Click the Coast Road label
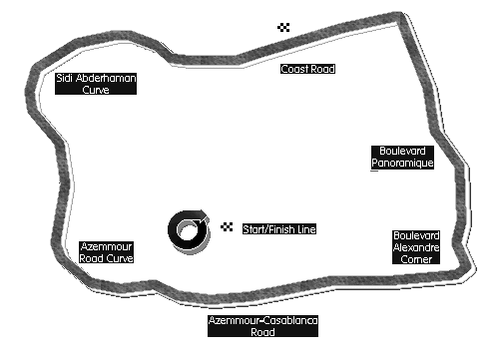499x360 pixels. [307, 69]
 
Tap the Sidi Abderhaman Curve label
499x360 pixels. [96, 84]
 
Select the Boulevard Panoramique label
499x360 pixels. [402, 158]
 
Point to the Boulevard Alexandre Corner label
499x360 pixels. [416, 247]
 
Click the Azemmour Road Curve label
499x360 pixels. [107, 252]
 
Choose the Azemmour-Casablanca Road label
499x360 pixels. [262, 326]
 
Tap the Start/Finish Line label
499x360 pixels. [279, 229]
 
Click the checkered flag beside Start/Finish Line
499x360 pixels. [227, 226]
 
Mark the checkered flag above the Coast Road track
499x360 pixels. [283, 27]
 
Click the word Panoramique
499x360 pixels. [402, 163]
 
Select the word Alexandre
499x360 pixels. [416, 247]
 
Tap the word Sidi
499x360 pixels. [65, 78]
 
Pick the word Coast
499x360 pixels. [294, 69]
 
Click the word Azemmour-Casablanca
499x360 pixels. [262, 320]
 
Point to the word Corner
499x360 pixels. [416, 259]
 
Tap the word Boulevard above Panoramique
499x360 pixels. [402, 151]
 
